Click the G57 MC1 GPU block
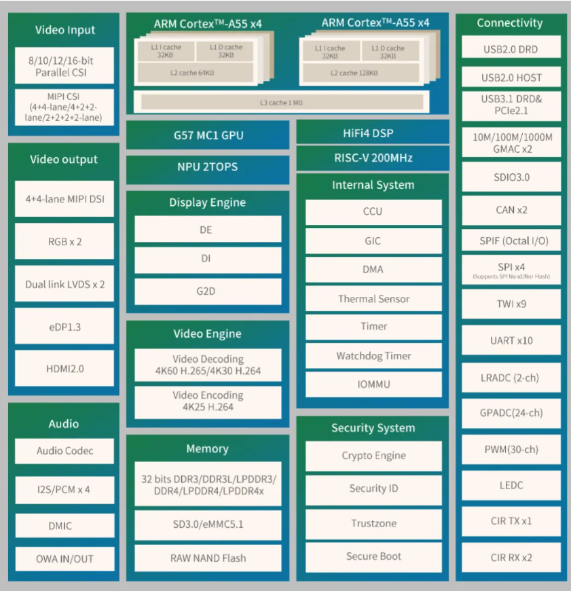[x=208, y=135]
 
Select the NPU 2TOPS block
[x=208, y=166]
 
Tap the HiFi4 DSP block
[x=373, y=132]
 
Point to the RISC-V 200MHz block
[x=373, y=158]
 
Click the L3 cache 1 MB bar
[x=282, y=102]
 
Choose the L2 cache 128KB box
[x=361, y=73]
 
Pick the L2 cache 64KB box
[x=195, y=73]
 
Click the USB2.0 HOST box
[x=511, y=77]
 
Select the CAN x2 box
[x=511, y=209]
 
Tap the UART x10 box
[x=511, y=340]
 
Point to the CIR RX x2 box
[x=511, y=557]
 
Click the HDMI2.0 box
[x=65, y=368]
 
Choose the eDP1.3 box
[x=65, y=326]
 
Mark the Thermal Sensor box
[x=373, y=298]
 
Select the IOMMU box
[x=373, y=384]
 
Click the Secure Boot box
[x=373, y=556]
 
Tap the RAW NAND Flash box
[x=208, y=558]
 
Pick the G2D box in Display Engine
[x=208, y=291]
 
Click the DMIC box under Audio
[x=65, y=525]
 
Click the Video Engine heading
[x=208, y=334]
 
